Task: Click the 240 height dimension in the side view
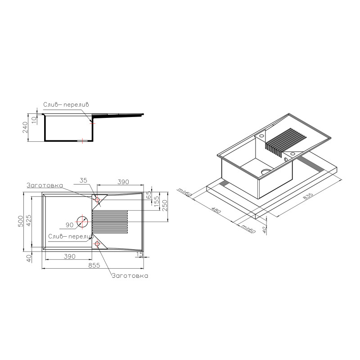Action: coord(25,127)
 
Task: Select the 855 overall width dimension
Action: coord(94,265)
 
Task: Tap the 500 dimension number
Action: coord(21,221)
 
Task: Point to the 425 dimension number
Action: coord(29,220)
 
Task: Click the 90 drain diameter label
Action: coord(70,225)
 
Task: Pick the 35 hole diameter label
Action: coord(83,180)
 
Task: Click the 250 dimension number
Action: coord(165,206)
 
